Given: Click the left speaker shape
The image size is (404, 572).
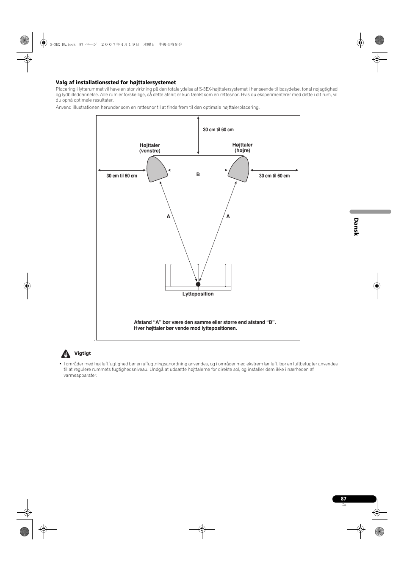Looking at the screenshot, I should pos(157,169).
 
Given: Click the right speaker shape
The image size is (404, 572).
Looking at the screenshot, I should pos(239,169).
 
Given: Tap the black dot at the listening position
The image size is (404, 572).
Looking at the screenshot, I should pos(198,284).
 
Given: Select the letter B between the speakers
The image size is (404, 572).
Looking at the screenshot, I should pos(198,174).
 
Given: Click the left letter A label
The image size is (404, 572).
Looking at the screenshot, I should pos(168,216).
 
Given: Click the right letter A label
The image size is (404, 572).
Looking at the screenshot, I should pos(228,216).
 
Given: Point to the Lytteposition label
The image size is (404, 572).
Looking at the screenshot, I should pos(198,294).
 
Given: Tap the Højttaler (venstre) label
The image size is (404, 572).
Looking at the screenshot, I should pos(150,148).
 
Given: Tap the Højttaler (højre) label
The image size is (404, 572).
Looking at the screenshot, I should pos(242,147).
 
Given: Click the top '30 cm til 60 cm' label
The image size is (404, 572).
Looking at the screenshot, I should pos(218,130).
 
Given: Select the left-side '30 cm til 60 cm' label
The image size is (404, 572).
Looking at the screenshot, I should pos(122,176).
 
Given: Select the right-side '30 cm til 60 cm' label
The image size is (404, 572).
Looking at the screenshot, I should pos(274,176).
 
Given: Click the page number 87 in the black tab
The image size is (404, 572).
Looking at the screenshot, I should pos(343,499).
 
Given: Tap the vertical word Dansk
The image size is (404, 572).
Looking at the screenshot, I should pos(356,227).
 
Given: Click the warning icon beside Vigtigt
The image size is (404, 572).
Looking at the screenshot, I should pos(65,354).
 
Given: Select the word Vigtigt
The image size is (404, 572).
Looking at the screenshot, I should pos(83,353).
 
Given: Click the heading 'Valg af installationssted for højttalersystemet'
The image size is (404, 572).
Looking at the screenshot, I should pos(116,83).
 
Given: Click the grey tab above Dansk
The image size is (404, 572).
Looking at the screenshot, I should pos(370,212).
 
